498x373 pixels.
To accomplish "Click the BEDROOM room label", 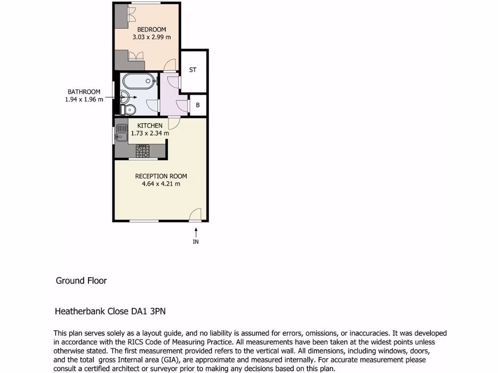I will tap(151, 30).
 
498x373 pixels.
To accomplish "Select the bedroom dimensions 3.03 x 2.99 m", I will tap(151, 37).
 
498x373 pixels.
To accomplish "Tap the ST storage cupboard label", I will tap(193, 70).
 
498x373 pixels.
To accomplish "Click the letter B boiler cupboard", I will tap(198, 105).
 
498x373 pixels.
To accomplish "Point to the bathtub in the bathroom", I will tap(138, 81).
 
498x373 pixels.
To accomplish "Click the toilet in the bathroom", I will tap(128, 110).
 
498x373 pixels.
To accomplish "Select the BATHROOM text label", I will tap(84, 92).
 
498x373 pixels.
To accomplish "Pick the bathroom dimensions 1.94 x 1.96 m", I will tap(84, 99).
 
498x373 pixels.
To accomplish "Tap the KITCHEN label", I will tap(150, 126).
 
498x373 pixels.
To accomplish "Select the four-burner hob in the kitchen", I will tap(142, 151).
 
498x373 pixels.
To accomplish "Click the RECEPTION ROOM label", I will tap(161, 176).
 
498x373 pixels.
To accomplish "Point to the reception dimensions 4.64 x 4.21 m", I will tap(161, 184).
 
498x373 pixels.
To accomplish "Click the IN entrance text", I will tap(196, 241).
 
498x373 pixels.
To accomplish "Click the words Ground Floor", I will tap(81, 281).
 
